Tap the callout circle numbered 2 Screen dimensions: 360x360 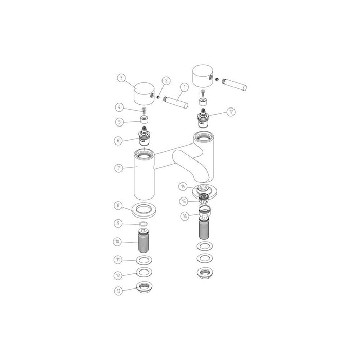[166, 80]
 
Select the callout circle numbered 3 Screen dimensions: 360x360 [121, 78]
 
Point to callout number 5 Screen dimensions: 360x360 [119, 122]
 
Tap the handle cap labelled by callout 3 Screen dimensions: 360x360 [142, 93]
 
